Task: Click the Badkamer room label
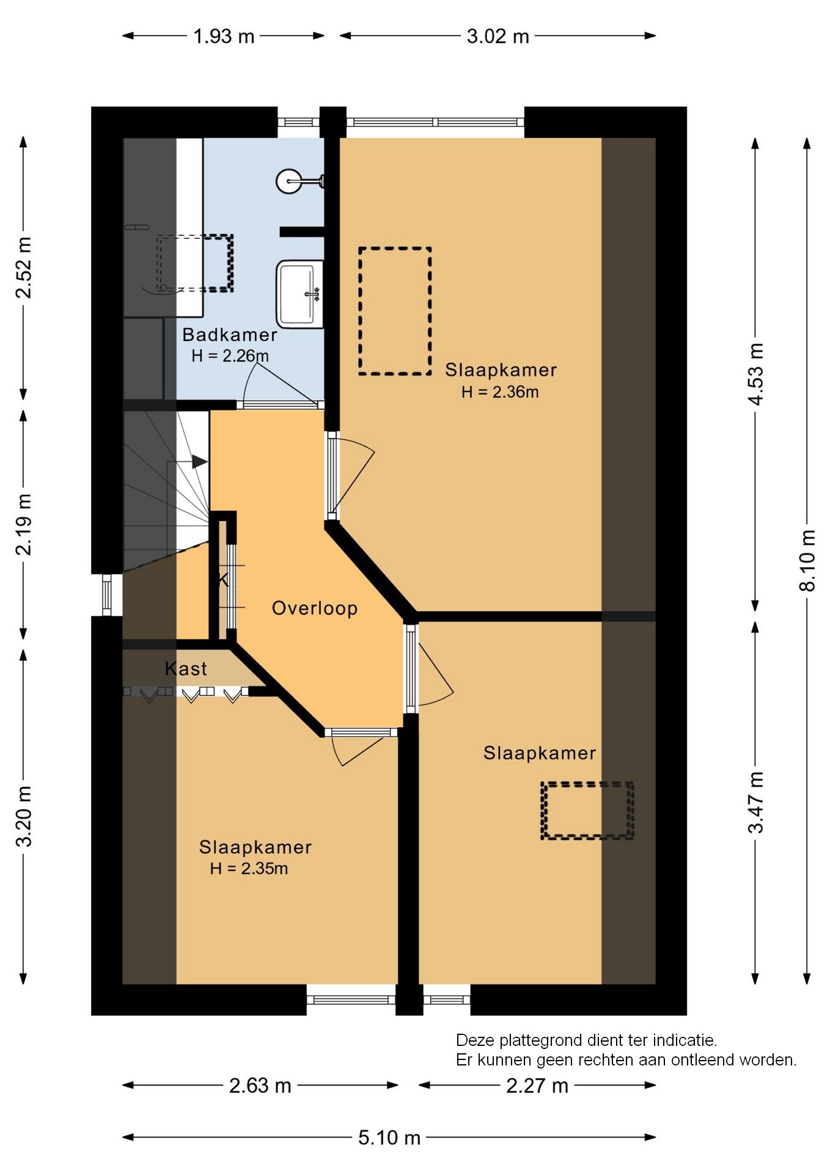(x=230, y=335)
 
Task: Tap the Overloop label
(x=314, y=608)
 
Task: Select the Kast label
(x=186, y=669)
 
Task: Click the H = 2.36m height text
(x=499, y=392)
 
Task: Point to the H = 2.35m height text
(x=248, y=869)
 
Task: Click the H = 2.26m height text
(x=230, y=356)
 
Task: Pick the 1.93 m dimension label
(x=224, y=37)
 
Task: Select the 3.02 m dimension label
(x=498, y=37)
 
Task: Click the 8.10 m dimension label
(x=807, y=560)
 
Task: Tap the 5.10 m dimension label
(x=389, y=1138)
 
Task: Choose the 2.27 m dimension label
(x=537, y=1086)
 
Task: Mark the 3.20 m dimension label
(x=23, y=816)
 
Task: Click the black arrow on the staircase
(x=199, y=462)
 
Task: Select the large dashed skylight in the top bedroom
(x=395, y=311)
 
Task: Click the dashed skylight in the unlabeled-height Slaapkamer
(x=587, y=811)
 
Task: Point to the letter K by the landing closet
(x=223, y=580)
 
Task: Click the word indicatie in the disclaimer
(x=683, y=1040)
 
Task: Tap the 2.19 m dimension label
(x=23, y=524)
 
